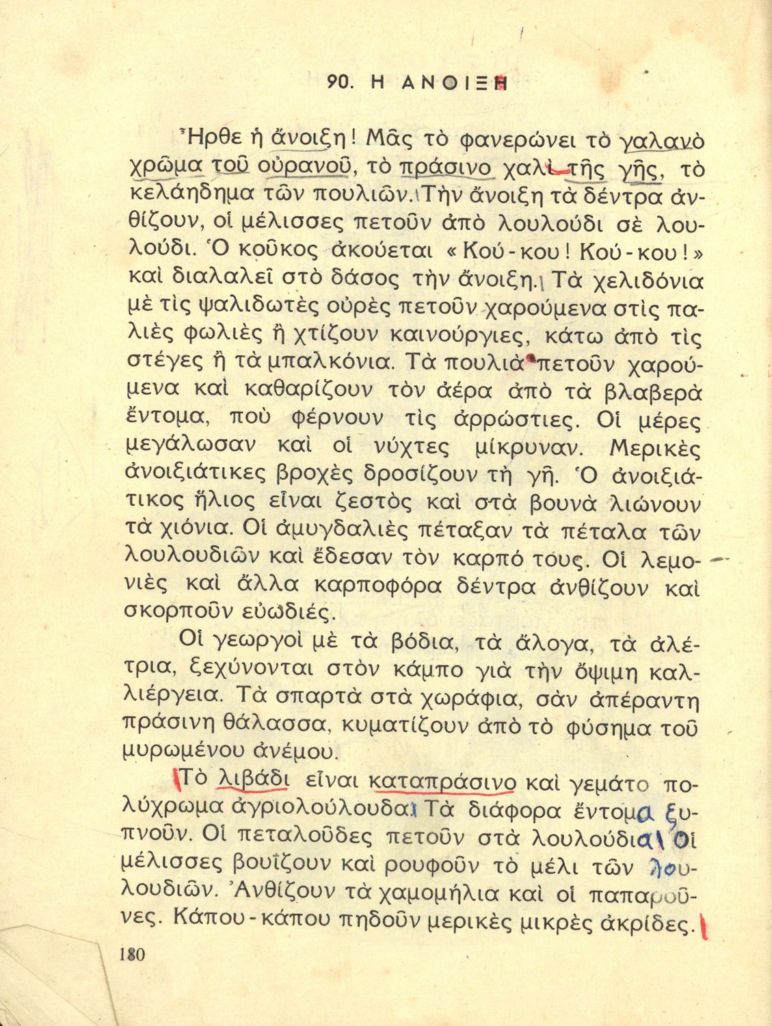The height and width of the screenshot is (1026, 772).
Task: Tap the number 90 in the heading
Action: tap(339, 83)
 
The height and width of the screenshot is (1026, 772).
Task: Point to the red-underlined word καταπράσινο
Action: tap(442, 781)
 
